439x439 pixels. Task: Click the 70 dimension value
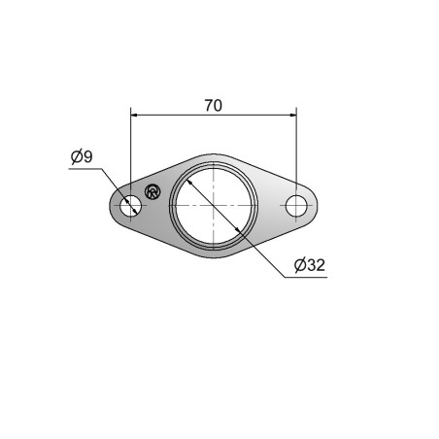click(214, 106)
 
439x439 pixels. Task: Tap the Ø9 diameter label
click(82, 156)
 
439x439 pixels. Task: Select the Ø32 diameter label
click(310, 265)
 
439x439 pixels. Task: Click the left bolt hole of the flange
click(130, 206)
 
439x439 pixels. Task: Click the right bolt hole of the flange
click(296, 206)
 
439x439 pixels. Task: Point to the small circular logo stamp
click(152, 191)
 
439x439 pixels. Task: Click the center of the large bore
click(214, 206)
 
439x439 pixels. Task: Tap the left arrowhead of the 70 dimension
click(134, 115)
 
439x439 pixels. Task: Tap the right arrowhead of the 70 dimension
click(292, 115)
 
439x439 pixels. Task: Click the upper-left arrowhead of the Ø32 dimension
click(189, 183)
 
